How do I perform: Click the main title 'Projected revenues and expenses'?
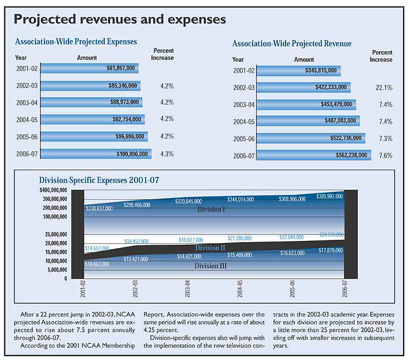(x=120, y=19)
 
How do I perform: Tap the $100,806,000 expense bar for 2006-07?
(x=96, y=154)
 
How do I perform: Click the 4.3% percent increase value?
(x=167, y=154)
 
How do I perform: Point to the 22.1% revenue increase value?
(x=384, y=87)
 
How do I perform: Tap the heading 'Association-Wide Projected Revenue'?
(x=291, y=43)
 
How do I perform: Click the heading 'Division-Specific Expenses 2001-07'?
(x=99, y=180)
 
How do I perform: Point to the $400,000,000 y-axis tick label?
(x=53, y=190)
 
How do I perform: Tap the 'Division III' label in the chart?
(x=210, y=267)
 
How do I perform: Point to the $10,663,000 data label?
(x=97, y=264)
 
